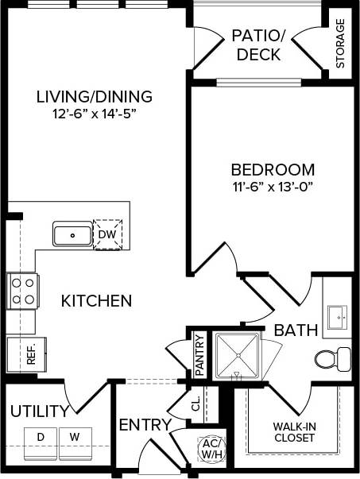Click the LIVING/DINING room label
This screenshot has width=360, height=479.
tap(94, 97)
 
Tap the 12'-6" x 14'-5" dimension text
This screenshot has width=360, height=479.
tap(94, 114)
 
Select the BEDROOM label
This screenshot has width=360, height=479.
tap(273, 169)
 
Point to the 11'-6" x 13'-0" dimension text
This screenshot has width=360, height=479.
tap(273, 186)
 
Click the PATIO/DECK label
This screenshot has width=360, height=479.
tap(257, 45)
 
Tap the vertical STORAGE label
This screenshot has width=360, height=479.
tap(340, 44)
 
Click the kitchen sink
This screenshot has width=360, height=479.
tap(72, 234)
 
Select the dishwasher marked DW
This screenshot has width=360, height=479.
tap(106, 234)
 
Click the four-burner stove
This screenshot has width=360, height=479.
tap(22, 290)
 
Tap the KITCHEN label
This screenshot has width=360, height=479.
tap(96, 301)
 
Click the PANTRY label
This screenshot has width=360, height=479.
tap(199, 355)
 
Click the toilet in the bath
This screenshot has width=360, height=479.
tap(332, 358)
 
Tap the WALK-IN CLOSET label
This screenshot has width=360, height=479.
tap(294, 431)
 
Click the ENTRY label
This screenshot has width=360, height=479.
tap(145, 425)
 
